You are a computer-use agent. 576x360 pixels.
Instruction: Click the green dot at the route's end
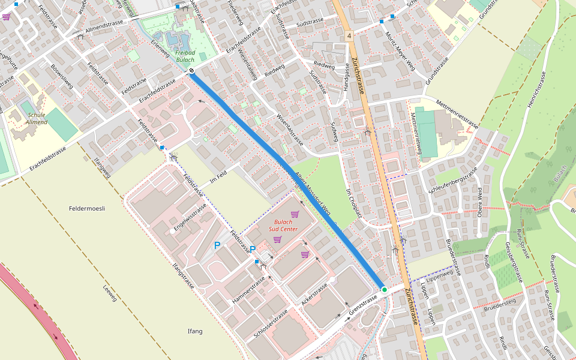point(385,289)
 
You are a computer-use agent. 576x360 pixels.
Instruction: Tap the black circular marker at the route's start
point(191,71)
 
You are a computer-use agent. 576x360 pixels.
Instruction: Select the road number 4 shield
point(349,37)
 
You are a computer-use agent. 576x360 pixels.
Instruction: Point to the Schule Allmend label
point(36,118)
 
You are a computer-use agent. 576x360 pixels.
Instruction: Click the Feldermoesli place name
point(87,209)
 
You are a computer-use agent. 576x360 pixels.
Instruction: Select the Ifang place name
point(195,331)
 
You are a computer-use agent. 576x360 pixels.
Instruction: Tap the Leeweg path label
point(110,293)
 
